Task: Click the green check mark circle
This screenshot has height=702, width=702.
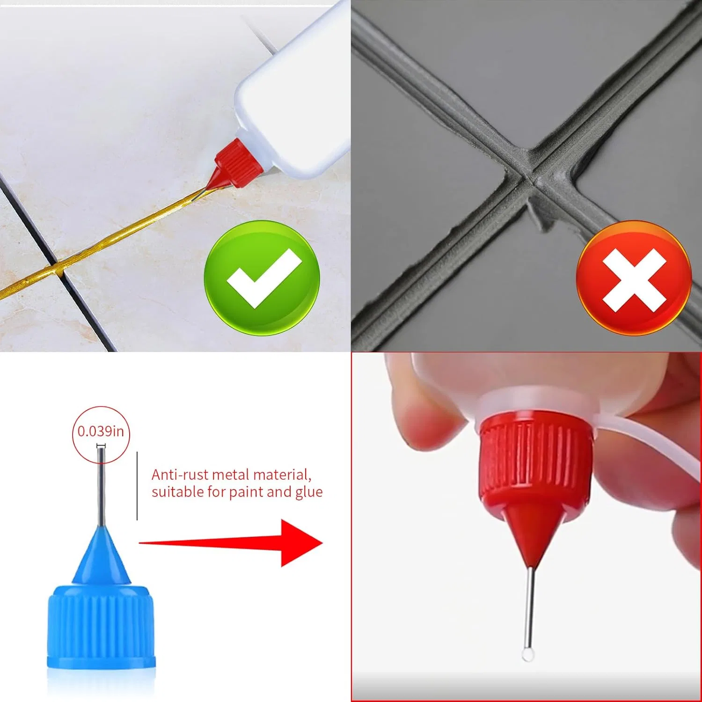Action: click(262, 278)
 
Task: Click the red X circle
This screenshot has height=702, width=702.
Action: click(634, 278)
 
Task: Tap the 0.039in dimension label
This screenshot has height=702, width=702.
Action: click(101, 431)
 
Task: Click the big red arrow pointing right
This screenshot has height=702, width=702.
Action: click(231, 543)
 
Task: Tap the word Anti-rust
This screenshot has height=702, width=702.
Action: click(180, 475)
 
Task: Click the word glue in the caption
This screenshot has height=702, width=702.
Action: click(309, 492)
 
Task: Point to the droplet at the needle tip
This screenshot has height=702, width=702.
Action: click(528, 654)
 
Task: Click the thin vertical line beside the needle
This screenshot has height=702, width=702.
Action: click(137, 486)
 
